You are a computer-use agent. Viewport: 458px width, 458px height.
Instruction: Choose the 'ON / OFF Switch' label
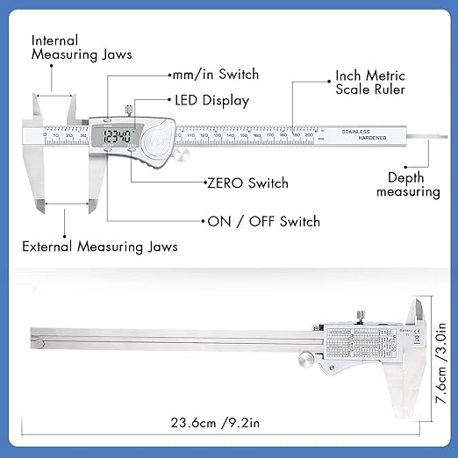coord(263,221)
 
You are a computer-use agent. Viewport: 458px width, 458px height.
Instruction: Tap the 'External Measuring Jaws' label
coord(99,247)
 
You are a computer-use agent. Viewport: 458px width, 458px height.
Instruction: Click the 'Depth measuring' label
coord(414,184)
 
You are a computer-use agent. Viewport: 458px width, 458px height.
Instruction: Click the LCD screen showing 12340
coord(116,137)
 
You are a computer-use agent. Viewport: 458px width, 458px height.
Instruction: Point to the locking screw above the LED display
coord(128,110)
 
